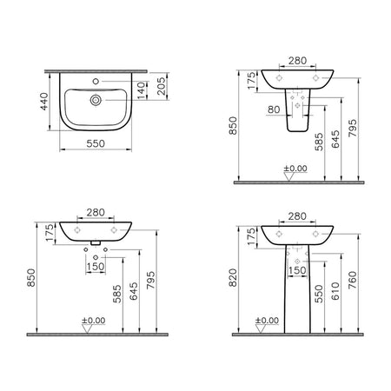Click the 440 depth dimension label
(x=44, y=102)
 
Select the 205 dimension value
(x=162, y=86)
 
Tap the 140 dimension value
(x=141, y=90)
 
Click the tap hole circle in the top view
(x=96, y=82)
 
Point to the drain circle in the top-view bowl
(x=96, y=100)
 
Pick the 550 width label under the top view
(x=96, y=143)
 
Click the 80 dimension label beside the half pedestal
(x=274, y=109)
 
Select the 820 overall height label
(x=233, y=277)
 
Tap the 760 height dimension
(x=353, y=280)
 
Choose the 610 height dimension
(x=335, y=291)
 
